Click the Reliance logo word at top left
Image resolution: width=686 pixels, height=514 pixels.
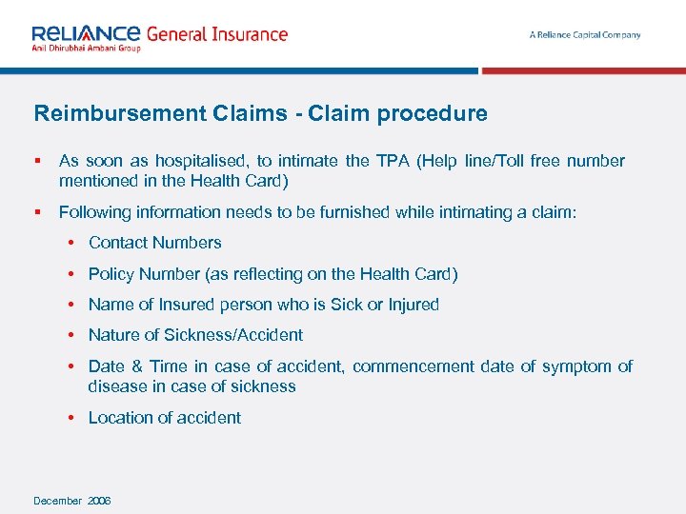(x=86, y=33)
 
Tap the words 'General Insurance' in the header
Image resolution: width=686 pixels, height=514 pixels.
(x=216, y=34)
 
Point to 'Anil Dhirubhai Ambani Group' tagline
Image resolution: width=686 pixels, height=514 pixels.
(x=86, y=49)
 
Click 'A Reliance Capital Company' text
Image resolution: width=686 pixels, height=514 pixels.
(x=585, y=35)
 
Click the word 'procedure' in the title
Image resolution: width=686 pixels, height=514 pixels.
(x=432, y=114)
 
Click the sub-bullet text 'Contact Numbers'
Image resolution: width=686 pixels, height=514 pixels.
(x=154, y=243)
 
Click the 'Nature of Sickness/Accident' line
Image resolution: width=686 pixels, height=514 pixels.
(x=195, y=335)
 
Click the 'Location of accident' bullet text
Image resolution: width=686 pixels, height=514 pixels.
(x=164, y=418)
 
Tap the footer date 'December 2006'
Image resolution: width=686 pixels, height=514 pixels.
(x=72, y=501)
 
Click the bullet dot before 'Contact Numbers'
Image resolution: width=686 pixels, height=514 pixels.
(x=72, y=243)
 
